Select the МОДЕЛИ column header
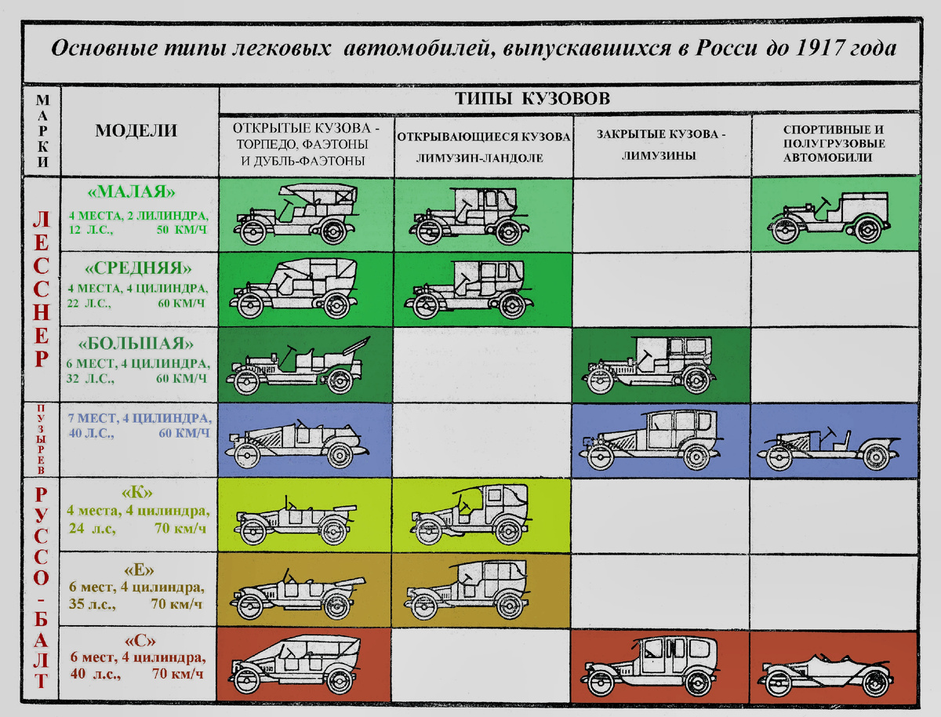tap(136, 131)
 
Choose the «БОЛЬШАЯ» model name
tap(137, 344)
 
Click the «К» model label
tap(137, 493)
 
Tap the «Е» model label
tap(137, 568)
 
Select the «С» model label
tap(137, 639)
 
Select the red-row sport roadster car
tap(826, 673)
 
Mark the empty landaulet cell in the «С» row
tap(482, 664)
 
